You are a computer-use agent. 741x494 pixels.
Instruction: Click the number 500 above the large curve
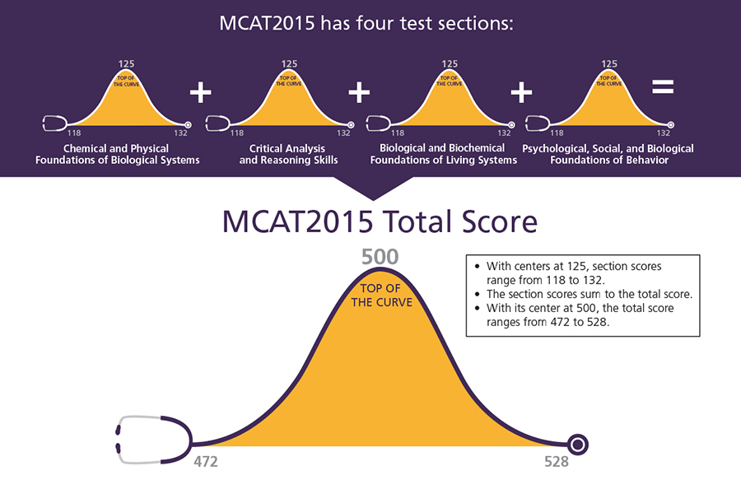pos(380,256)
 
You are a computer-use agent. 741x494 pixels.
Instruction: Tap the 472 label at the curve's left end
pos(206,462)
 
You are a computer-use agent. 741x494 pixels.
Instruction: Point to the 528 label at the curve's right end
pos(557,462)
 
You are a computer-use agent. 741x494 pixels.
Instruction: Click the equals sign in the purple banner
pos(662,87)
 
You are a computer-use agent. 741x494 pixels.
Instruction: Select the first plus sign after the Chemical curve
pos(200,91)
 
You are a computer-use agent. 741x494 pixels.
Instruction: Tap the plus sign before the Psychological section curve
pos(521,91)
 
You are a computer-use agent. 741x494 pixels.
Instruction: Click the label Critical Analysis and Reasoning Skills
pos(288,154)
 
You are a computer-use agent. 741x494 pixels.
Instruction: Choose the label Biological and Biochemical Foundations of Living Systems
pos(444,154)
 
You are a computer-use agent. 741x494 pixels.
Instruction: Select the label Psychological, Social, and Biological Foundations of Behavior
pos(608,154)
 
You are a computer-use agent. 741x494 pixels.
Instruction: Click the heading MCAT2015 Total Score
pos(380,222)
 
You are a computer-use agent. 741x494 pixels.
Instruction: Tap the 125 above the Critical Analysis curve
pos(289,63)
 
